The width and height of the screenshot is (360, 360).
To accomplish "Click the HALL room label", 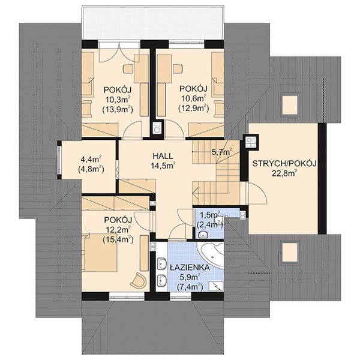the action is coord(163,156).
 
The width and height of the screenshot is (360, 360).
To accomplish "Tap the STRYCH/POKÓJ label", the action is coord(284,164).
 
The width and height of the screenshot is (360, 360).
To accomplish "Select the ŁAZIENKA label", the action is coord(190,268).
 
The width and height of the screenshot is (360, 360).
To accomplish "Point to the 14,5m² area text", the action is coord(163,165).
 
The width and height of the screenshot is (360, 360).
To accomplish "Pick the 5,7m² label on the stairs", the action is coord(222,152).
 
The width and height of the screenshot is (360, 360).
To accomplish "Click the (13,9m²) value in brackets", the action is coord(118,110).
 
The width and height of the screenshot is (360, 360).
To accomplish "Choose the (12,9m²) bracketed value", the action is coord(194,107).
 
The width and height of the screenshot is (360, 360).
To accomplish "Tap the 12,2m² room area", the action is coord(118,229).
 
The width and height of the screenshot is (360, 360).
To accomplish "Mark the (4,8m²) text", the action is coord(91,169).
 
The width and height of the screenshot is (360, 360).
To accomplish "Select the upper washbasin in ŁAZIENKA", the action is coord(162,263).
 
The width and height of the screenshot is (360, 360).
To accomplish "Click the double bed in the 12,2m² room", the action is coord(100,253).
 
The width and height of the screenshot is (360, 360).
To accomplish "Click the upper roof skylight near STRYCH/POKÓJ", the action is coord(290,104).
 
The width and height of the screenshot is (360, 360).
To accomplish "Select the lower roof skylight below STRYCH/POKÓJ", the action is coord(290,253).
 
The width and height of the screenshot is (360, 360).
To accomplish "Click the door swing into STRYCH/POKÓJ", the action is coord(257,193).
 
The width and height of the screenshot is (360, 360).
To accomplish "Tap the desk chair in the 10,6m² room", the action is coord(178,68).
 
